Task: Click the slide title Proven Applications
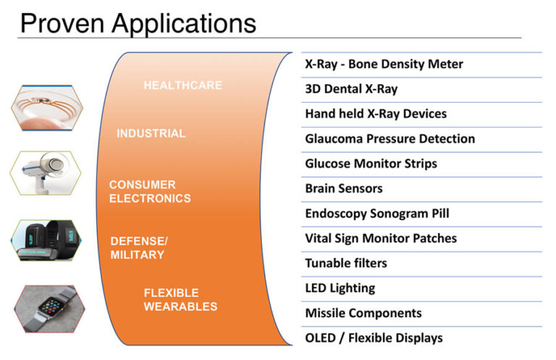[138, 23]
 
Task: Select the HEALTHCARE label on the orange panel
[182, 85]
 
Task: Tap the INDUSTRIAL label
[151, 133]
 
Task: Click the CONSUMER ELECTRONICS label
[150, 191]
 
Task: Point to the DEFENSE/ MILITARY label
[138, 248]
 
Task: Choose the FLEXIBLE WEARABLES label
[180, 299]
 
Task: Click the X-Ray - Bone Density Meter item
[384, 64]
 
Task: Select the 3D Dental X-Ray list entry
[351, 89]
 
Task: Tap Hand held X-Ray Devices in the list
[376, 114]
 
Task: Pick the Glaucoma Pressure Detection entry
[389, 138]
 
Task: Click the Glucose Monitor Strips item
[371, 164]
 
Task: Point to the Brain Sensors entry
[344, 188]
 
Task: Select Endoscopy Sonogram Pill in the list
[377, 214]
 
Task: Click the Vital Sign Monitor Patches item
[381, 238]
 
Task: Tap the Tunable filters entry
[346, 263]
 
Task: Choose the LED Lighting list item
[340, 288]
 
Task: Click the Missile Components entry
[363, 313]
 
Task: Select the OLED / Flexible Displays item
[374, 338]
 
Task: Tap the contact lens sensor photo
[46, 108]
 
